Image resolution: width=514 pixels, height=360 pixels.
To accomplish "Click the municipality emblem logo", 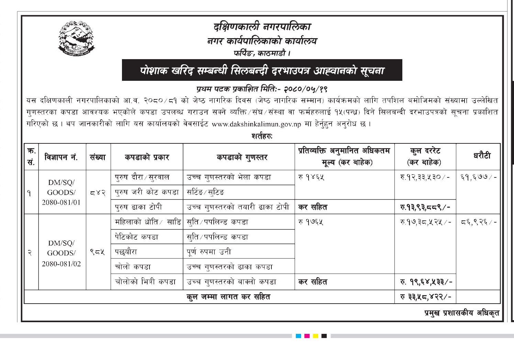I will point(76,39).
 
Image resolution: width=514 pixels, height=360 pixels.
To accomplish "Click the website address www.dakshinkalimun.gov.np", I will point(256,124).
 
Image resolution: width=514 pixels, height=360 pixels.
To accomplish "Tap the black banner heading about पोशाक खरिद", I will point(262,70).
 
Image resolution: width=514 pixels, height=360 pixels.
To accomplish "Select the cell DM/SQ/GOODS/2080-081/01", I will point(62,192).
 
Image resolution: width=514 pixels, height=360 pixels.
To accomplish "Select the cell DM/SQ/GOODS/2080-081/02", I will point(62,253).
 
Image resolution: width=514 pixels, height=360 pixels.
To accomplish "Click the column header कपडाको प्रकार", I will point(147,157).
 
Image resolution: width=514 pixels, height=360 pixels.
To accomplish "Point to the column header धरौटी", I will point(482,156).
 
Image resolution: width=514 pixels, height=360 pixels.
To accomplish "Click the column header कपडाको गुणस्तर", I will point(242,157).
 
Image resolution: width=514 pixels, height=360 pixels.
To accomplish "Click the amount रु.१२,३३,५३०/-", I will point(425,177).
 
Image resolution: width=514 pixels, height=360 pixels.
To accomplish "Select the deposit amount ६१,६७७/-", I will point(478,177).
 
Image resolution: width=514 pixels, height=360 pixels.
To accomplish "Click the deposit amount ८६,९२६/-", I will point(478,222).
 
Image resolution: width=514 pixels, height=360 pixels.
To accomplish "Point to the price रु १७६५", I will point(311,222).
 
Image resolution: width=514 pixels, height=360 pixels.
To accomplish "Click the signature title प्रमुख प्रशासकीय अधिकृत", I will point(461,313).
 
